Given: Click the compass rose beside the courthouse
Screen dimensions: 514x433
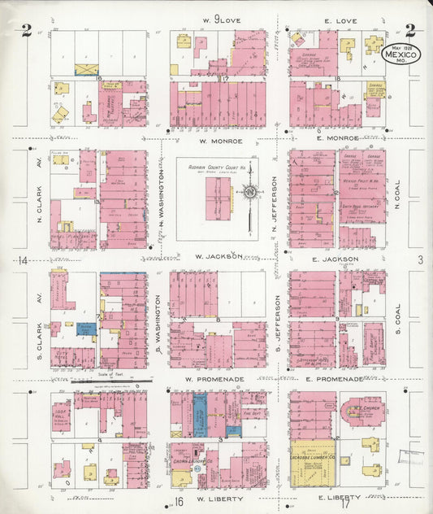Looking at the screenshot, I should point(251,193).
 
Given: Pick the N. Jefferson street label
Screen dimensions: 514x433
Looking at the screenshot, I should point(275,198).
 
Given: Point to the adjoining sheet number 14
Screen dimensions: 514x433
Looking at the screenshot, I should point(24,260).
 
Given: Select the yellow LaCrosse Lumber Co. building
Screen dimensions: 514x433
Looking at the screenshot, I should point(312,463).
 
